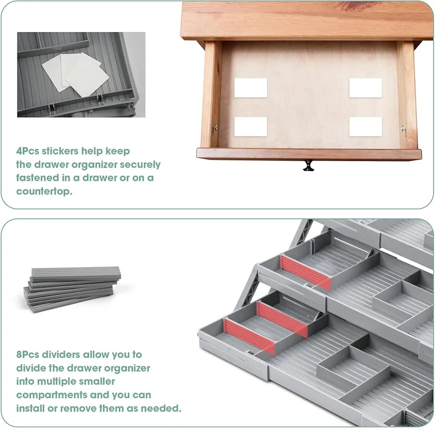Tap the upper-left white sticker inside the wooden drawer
251,88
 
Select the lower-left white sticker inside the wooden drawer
251,126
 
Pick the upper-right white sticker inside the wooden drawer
365,88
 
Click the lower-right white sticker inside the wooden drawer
365,126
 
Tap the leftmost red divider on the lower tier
249,335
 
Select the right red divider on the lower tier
282,319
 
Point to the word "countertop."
44,191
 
